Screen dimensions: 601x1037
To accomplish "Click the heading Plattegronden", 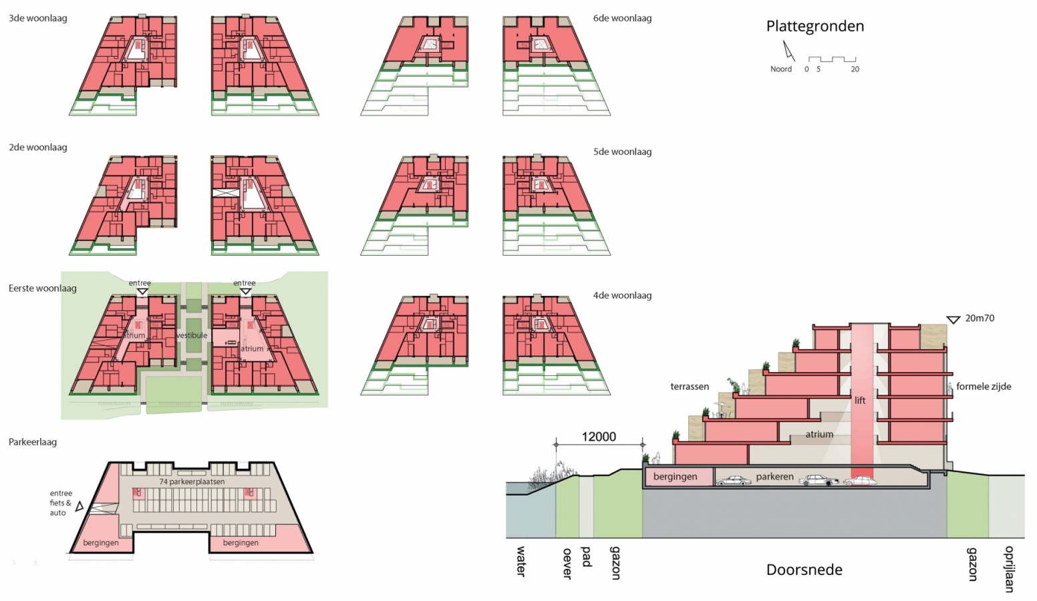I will point(814,26).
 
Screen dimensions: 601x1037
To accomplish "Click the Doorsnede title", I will point(804,570).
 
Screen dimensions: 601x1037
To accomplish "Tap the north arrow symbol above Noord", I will point(788,51).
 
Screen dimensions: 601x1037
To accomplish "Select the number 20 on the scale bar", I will point(855,69).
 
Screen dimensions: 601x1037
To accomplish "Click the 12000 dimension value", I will point(599,437).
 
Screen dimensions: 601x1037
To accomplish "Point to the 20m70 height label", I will point(980,319).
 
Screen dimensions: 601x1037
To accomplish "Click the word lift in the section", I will point(860,401).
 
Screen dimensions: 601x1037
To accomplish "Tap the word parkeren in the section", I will point(774,477).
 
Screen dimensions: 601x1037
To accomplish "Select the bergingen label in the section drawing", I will point(675,477).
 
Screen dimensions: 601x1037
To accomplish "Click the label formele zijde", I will point(984,386).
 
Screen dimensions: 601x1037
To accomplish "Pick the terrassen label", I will point(690,386).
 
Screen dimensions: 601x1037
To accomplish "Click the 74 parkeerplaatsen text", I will point(192,481).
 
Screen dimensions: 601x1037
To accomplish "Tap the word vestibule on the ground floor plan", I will point(192,335).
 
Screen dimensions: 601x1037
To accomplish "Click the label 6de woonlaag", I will point(622,18).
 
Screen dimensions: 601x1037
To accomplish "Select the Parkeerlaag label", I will point(33,442).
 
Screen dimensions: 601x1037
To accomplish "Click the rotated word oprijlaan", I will point(1009,569).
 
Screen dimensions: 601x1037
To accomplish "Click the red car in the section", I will point(860,481).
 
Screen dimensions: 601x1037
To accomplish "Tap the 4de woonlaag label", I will point(622,295).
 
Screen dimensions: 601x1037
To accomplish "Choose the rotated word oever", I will point(567,563).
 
